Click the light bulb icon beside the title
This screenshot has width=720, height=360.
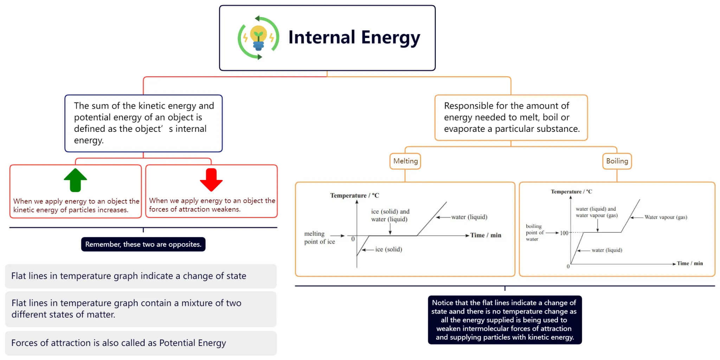click(258, 38)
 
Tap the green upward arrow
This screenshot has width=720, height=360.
click(76, 180)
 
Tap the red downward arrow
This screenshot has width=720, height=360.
click(211, 180)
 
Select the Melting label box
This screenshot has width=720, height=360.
click(405, 161)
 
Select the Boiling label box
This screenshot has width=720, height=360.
click(617, 161)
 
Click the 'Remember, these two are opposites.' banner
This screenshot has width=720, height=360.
click(143, 244)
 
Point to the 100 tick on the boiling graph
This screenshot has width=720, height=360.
click(564, 233)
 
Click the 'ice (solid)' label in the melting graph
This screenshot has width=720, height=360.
click(388, 249)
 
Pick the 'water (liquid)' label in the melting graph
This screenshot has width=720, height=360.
click(469, 217)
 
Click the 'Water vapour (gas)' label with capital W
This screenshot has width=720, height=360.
click(666, 217)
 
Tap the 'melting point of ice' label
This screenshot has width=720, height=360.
click(319, 238)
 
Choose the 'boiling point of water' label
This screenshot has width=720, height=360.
click(534, 232)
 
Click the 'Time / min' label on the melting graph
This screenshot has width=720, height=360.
click(486, 235)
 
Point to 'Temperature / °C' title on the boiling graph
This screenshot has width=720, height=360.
click(571, 192)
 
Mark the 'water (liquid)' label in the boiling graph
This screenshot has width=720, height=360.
click(607, 250)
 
